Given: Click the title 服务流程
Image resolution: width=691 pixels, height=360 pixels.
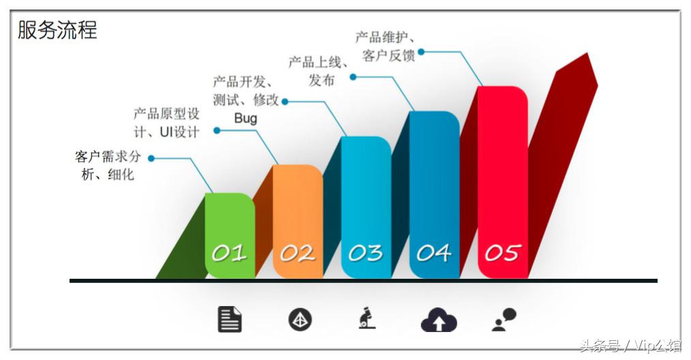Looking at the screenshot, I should coord(57,30).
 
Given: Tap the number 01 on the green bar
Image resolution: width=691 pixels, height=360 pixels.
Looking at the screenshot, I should coord(229,254).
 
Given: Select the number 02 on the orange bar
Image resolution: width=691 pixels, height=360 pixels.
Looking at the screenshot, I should coord(297,254).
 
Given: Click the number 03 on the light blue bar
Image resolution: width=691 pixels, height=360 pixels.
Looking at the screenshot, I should coord(365,254).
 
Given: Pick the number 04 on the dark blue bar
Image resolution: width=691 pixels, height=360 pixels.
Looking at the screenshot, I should coord(434,254).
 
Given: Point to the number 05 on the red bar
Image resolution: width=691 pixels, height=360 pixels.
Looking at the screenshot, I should coord(502,254).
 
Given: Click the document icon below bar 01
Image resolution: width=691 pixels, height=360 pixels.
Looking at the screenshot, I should coord(230,319).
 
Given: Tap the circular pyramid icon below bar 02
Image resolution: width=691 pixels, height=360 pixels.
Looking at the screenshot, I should coord(300,319).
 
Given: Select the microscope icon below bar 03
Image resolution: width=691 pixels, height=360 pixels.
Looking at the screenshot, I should coord(367,318).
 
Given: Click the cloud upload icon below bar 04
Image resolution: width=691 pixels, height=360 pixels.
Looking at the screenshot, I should coord(438,320).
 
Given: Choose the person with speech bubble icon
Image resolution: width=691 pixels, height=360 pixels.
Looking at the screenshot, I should coord(504,319).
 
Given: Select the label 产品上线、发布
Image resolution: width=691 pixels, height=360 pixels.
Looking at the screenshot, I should coord(319,71).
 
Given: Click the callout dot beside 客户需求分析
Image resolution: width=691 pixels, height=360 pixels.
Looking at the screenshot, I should coord(151,158).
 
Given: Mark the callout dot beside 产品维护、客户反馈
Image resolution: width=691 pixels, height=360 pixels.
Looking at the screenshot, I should coord(421,51).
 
